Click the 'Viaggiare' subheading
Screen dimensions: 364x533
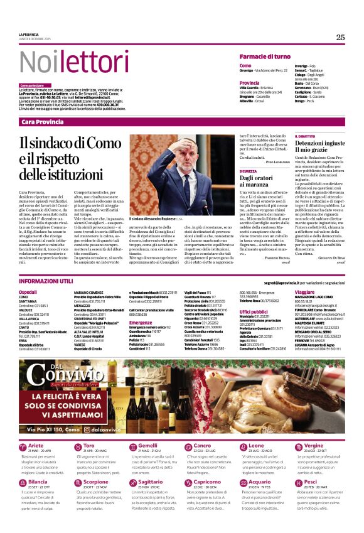304,275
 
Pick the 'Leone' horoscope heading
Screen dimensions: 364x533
256,445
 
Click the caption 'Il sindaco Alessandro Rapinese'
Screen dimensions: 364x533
152,219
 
